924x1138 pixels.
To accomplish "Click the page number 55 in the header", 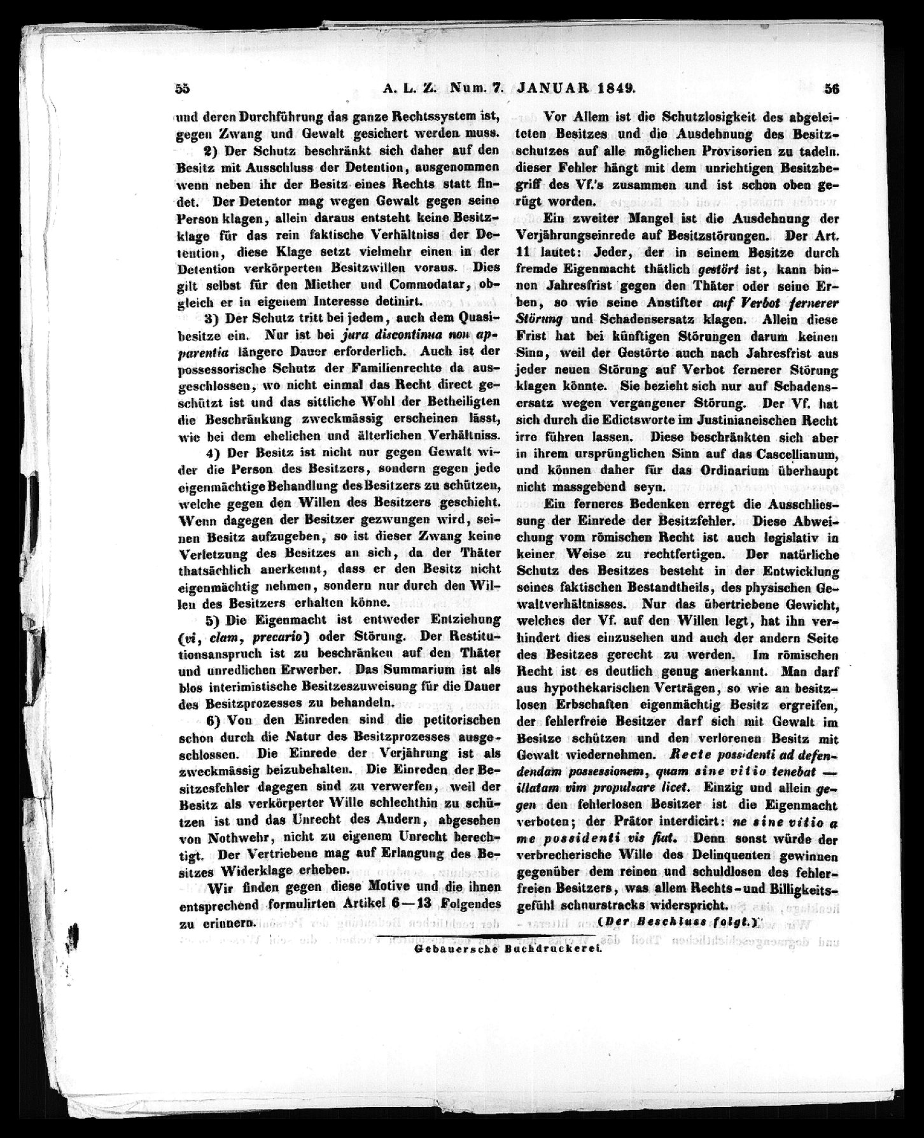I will coord(183,90).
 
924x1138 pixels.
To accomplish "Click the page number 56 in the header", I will coord(832,90).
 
